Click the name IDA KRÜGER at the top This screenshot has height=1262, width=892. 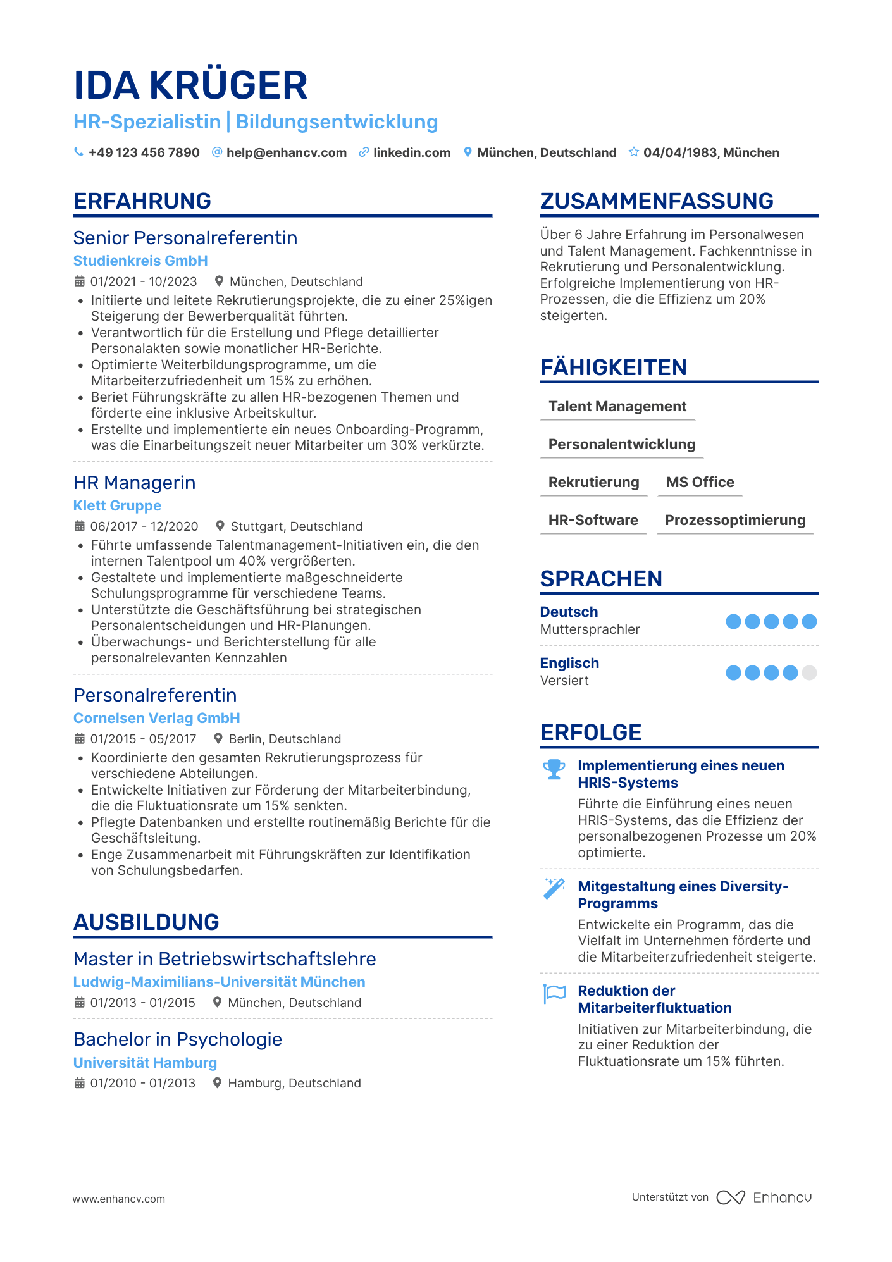pyautogui.click(x=190, y=85)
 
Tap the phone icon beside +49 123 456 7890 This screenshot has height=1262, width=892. pyautogui.click(x=78, y=152)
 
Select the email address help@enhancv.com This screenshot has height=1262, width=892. pyautogui.click(x=286, y=152)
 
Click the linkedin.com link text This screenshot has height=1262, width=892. pyautogui.click(x=411, y=152)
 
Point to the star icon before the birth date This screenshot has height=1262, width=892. pyautogui.click(x=633, y=152)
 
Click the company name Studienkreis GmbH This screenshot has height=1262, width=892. pyautogui.click(x=140, y=261)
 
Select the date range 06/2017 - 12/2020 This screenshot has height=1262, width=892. pyautogui.click(x=144, y=526)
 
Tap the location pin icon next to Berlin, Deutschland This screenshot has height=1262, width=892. pyautogui.click(x=218, y=738)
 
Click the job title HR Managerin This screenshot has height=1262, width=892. pyautogui.click(x=134, y=483)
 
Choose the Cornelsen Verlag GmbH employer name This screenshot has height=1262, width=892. pyautogui.click(x=156, y=718)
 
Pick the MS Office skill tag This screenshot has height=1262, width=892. pyautogui.click(x=700, y=482)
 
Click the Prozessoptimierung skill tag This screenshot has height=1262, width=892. pyautogui.click(x=735, y=520)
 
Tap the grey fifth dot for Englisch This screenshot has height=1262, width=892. pyautogui.click(x=809, y=672)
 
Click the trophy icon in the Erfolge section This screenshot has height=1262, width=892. pyautogui.click(x=554, y=769)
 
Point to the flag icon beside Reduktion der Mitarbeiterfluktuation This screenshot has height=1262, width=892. pyautogui.click(x=555, y=993)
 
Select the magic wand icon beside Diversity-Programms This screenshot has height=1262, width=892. pyautogui.click(x=554, y=888)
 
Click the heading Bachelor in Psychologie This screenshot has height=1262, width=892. pyautogui.click(x=178, y=1039)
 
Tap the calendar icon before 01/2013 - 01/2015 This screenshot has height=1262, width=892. pyautogui.click(x=80, y=1002)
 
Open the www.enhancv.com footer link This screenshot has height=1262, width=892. pyautogui.click(x=119, y=1199)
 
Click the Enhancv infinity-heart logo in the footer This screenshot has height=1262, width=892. pyautogui.click(x=731, y=1197)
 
